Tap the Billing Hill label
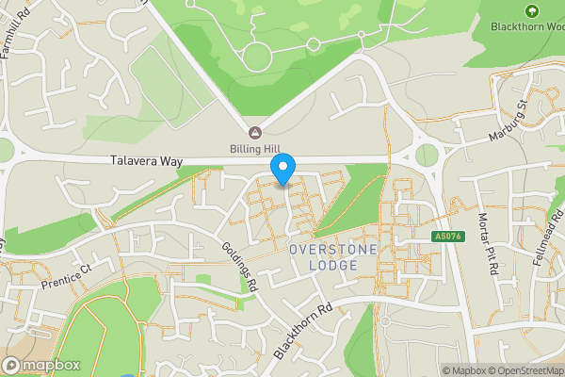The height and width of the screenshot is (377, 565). click(254, 148)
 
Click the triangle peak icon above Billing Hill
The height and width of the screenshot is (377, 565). click(254, 132)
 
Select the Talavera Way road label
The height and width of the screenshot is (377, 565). click(145, 161)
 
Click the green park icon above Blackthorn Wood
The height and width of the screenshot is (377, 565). click(532, 10)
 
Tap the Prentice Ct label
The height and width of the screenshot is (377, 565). click(64, 274)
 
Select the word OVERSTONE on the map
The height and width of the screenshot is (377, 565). click(332, 249)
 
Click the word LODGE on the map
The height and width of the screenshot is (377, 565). click(332, 265)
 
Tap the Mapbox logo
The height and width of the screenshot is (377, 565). click(42, 365)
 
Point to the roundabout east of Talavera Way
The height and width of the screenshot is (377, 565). click(428, 155)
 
